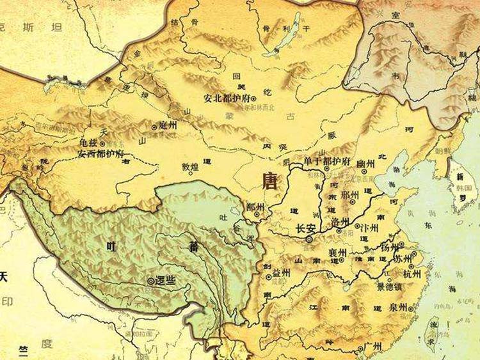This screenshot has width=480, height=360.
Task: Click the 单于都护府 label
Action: click(x=328, y=160)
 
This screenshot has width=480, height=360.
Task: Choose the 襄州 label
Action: click(x=337, y=253)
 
